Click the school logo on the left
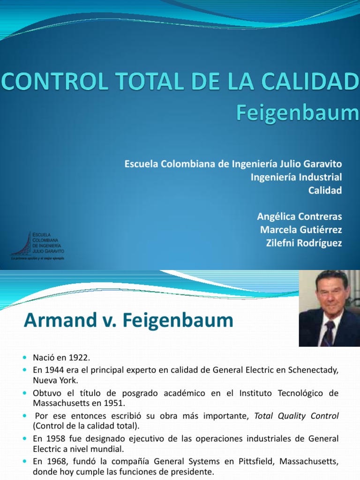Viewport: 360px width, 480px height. click(38, 245)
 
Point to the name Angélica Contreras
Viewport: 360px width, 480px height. click(300, 217)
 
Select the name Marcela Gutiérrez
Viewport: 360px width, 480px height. click(300, 230)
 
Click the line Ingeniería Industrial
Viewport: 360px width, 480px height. click(296, 177)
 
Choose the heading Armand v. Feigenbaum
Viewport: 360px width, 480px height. click(128, 321)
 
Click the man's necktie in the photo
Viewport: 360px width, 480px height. click(329, 333)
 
